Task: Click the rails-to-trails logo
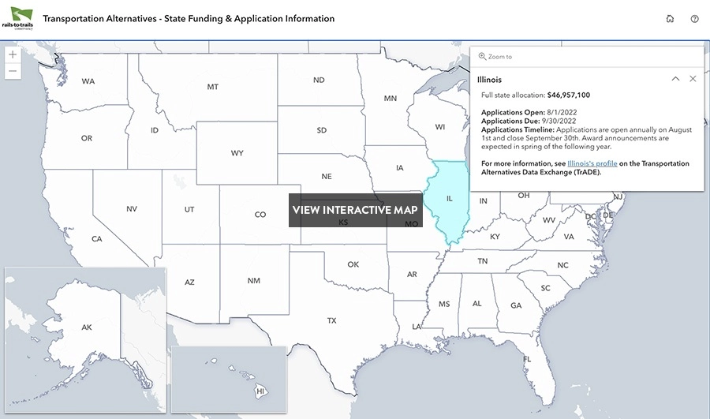21,18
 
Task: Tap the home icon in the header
670,19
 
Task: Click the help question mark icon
694,19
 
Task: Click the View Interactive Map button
354,210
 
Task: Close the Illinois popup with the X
693,79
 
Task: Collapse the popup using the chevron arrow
675,79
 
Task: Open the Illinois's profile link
592,163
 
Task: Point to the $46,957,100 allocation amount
562,95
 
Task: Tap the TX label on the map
332,320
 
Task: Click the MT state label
213,87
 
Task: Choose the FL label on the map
527,359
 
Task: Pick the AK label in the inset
87,327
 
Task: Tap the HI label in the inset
260,390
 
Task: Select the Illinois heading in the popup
489,80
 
